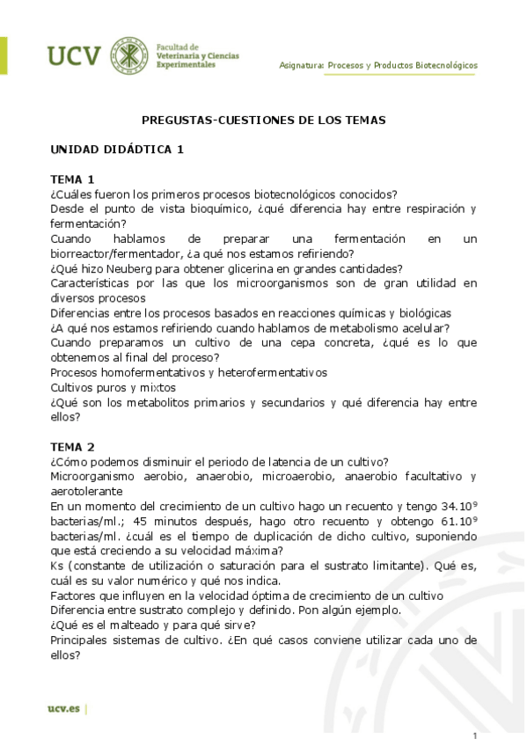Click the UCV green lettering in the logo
point(74,56)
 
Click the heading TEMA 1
point(72,179)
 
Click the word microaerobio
point(294,477)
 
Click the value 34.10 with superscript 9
point(462,506)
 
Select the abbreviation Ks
point(57,566)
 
